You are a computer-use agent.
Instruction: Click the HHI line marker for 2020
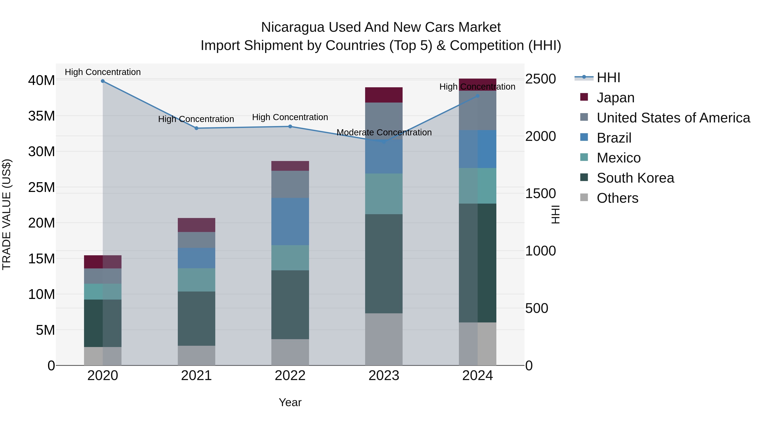click(x=103, y=81)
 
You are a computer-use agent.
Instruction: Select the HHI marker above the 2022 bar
click(x=290, y=126)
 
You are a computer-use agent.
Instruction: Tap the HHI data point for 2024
click(x=478, y=96)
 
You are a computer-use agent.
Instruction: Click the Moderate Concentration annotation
click(x=384, y=132)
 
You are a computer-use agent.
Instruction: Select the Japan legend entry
click(x=615, y=98)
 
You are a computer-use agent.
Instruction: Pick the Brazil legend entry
click(x=614, y=138)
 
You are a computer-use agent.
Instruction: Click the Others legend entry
click(x=617, y=198)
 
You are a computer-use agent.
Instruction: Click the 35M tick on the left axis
click(x=41, y=116)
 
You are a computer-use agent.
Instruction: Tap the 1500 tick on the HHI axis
click(x=540, y=194)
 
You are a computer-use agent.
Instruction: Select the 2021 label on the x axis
click(x=196, y=376)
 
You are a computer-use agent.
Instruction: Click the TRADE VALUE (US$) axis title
click(x=7, y=214)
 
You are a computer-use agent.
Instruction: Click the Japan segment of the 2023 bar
click(x=384, y=95)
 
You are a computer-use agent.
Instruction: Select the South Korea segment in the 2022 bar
click(x=290, y=304)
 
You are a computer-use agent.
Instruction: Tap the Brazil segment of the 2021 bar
click(x=196, y=258)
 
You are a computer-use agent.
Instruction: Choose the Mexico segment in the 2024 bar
click(x=478, y=186)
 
